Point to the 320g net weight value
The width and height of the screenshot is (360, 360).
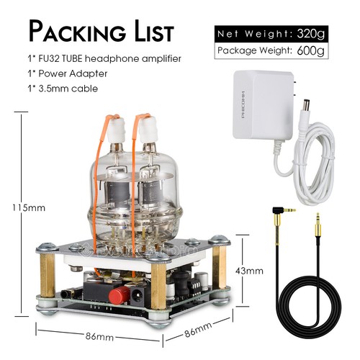[312, 34]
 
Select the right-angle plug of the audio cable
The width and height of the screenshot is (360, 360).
[282, 210]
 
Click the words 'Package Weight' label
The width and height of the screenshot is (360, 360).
[252, 51]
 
